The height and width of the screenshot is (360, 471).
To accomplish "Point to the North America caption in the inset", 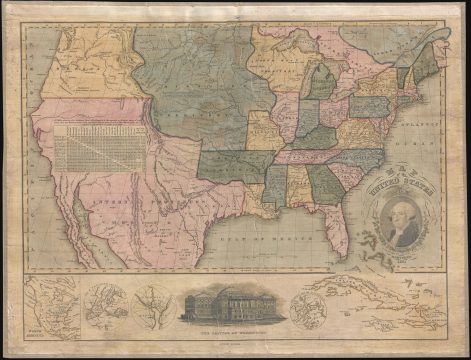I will (38, 326).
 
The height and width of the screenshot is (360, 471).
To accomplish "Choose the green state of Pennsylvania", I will (370, 104).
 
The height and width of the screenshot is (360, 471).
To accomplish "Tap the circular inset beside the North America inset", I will (103, 302).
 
